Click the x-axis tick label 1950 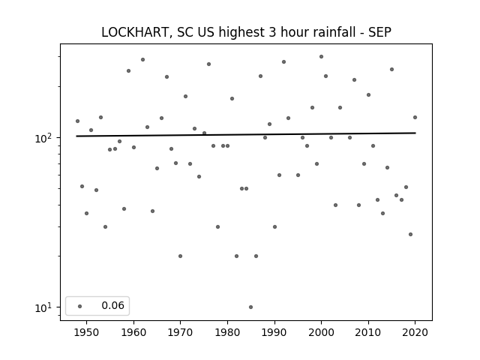[x=87, y=332]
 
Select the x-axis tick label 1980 [x=227, y=332]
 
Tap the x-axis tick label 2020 [x=415, y=332]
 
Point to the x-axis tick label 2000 [x=321, y=332]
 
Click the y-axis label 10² [x=43, y=138]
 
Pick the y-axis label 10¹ [x=43, y=307]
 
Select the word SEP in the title [x=379, y=32]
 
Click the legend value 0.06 [x=112, y=305]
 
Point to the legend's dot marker [x=80, y=306]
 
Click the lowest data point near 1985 [x=250, y=307]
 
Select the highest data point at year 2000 [x=321, y=57]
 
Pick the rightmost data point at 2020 [x=415, y=117]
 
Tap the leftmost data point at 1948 [x=77, y=121]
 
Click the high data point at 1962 [x=142, y=60]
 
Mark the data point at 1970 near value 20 [x=180, y=256]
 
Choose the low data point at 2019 [x=410, y=235]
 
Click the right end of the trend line [x=415, y=133]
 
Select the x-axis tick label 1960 [x=133, y=332]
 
